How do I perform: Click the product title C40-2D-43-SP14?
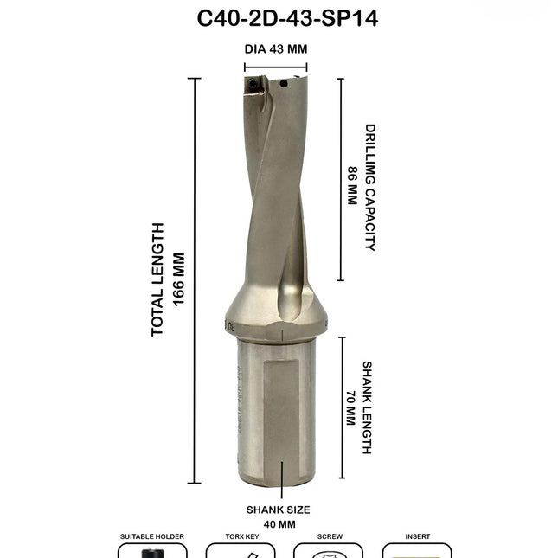click(279, 18)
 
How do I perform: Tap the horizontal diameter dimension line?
click(275, 67)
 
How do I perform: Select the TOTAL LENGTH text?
click(158, 279)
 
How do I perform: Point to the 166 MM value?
click(179, 279)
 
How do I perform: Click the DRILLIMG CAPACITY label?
click(369, 187)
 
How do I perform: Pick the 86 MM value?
click(352, 185)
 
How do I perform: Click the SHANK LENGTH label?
click(367, 407)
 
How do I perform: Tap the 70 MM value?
click(350, 407)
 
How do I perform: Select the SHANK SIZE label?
click(278, 510)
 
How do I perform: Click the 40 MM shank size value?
click(278, 524)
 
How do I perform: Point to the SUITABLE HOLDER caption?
click(151, 536)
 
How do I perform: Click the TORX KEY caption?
click(240, 536)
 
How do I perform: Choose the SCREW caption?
click(330, 536)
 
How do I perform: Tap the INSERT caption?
click(417, 536)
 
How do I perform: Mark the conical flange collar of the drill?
click(273, 318)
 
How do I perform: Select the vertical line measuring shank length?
click(340, 408)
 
